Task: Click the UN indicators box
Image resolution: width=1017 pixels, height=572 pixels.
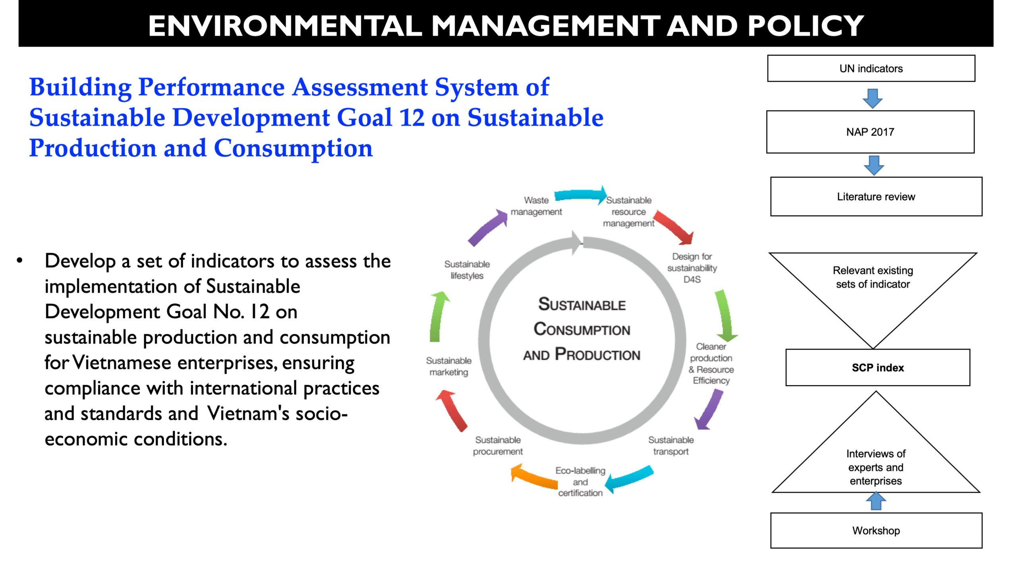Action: pos(871,68)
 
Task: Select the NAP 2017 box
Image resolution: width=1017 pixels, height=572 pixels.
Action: pos(870,132)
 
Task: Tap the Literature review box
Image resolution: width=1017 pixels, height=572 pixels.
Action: pos(876,197)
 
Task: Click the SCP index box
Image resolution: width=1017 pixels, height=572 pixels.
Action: pos(878,367)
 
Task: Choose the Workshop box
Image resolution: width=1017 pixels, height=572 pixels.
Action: pos(876,530)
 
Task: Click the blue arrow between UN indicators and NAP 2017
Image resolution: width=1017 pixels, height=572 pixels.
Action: pos(872,98)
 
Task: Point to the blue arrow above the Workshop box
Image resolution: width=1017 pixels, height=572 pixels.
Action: pos(876,501)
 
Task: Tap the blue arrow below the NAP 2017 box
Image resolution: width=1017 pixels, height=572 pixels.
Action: pos(874,165)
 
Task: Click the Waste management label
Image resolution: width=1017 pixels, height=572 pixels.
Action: pos(536,206)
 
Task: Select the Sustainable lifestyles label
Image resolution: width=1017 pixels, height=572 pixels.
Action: pos(467,270)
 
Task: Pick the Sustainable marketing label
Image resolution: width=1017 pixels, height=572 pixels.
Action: pos(449,366)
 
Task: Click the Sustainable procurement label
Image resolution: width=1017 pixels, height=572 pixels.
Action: pos(498,446)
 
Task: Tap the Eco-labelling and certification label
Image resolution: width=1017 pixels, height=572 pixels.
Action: pos(580,482)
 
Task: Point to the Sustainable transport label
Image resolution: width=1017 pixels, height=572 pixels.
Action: pos(671,446)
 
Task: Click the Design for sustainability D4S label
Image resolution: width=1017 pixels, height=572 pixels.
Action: pos(692,268)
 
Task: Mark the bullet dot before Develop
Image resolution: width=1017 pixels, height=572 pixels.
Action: pos(20,261)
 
